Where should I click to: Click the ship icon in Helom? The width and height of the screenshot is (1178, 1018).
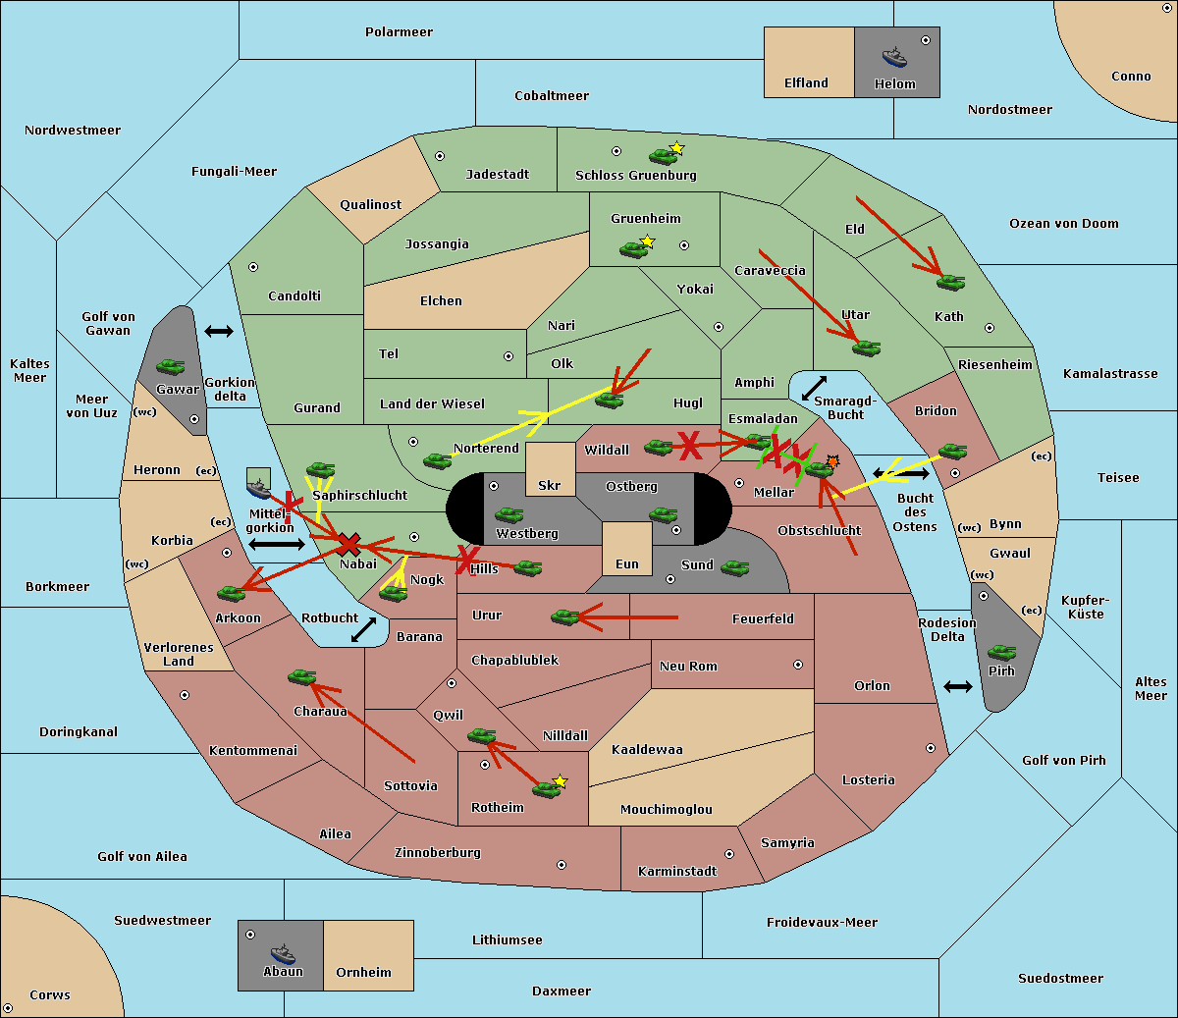[894, 57]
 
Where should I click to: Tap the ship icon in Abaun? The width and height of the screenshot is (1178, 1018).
[283, 953]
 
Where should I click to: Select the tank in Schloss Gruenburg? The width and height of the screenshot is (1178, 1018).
[664, 155]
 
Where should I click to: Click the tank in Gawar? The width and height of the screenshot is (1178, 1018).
[171, 367]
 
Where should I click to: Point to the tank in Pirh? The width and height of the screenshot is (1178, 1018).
[1001, 653]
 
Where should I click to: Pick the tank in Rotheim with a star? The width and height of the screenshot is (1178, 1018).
[548, 787]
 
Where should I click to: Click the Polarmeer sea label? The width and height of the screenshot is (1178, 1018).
[399, 32]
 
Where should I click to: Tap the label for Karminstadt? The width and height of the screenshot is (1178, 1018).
[677, 872]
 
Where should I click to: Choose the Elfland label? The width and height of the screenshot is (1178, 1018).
[806, 83]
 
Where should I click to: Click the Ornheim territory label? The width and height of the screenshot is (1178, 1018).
[363, 973]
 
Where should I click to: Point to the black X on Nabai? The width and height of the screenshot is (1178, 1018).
[348, 545]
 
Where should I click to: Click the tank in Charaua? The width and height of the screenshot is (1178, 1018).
[302, 676]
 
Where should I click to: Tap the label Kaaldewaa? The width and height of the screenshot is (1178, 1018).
[647, 750]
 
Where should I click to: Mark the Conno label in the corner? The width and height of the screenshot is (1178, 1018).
[1131, 77]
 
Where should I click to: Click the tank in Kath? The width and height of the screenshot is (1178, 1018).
[950, 283]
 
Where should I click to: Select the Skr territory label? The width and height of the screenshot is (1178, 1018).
[550, 486]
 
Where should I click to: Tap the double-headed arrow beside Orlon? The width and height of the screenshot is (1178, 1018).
[958, 686]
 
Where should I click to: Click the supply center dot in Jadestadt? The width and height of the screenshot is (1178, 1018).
[440, 155]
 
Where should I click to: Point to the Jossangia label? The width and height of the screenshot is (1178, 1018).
[437, 244]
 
